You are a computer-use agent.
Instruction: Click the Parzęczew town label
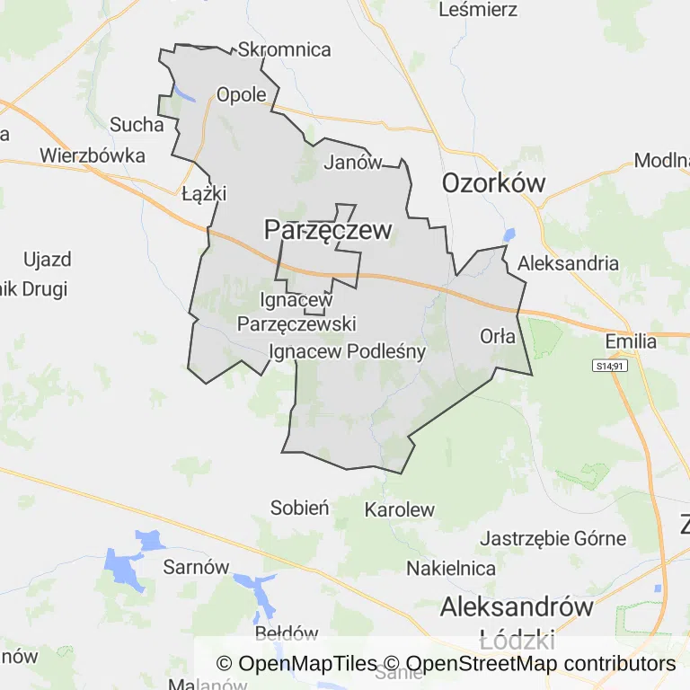coord(328,231)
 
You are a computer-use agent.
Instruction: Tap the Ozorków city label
coord(493,183)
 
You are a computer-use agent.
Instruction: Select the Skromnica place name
coord(285,50)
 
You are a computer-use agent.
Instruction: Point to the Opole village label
coord(242,95)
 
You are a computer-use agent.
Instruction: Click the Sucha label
coord(137,125)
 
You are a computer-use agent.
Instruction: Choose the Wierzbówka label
coord(93,155)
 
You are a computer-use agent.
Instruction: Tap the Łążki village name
coord(204,194)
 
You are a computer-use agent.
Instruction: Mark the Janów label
coord(352,163)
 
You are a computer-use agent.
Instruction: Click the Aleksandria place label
coord(569,263)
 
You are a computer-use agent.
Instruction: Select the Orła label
coord(498,337)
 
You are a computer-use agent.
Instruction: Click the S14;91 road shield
coord(608,367)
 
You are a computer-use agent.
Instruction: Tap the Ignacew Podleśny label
coord(347,351)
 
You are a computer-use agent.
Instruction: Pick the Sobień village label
coord(300,509)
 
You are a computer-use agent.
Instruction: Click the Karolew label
coord(399,510)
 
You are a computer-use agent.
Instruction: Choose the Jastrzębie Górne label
coord(553,539)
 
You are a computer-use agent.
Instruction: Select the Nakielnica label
coord(451,569)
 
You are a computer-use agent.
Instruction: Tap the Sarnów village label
coord(196,567)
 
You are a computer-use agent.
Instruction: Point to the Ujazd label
coord(47,261)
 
